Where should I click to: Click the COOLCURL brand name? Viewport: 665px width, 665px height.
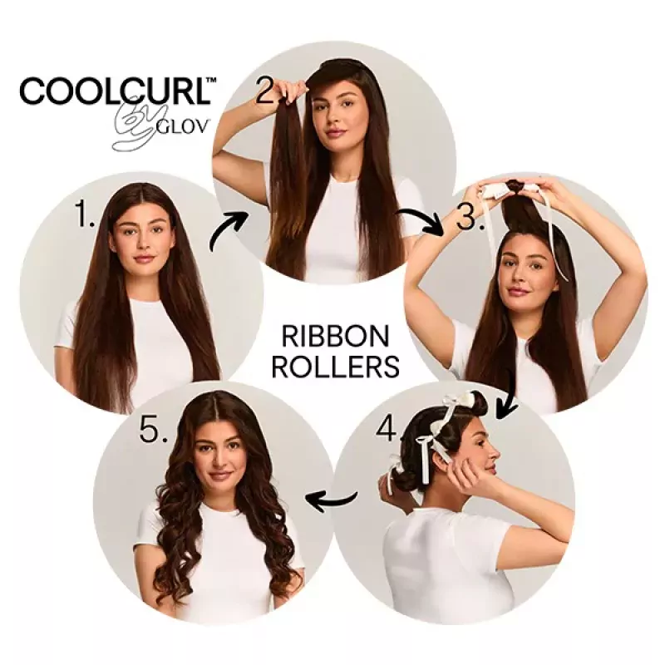click(x=115, y=90)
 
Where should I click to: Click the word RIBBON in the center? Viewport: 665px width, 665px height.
click(x=335, y=337)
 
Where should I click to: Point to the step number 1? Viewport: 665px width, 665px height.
click(x=84, y=214)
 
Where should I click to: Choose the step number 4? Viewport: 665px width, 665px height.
click(x=387, y=428)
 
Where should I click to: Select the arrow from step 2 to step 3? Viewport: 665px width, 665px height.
click(x=421, y=221)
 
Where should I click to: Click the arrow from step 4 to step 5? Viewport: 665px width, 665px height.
click(x=331, y=500)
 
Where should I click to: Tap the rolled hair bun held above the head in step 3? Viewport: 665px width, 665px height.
click(x=515, y=186)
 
